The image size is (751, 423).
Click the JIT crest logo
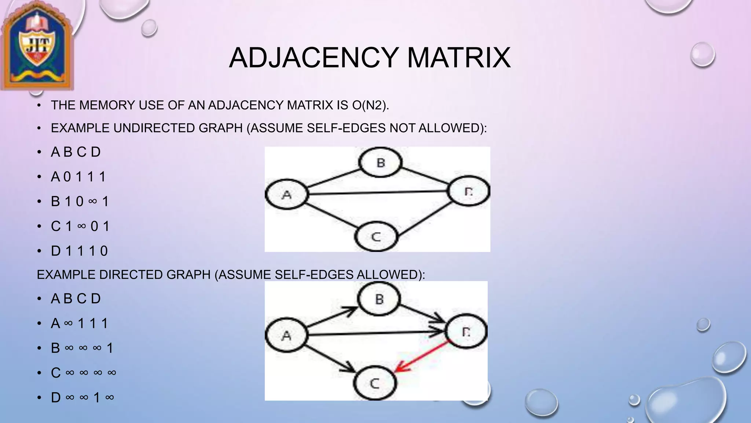pyautogui.click(x=37, y=46)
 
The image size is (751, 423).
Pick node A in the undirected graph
pyautogui.click(x=286, y=195)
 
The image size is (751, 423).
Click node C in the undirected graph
pyautogui.click(x=376, y=236)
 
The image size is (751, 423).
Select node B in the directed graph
pyautogui.click(x=379, y=299)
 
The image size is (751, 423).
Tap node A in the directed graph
pyautogui.click(x=286, y=335)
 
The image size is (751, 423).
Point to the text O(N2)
pyautogui.click(x=370, y=105)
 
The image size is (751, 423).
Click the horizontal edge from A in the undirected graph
pyautogui.click(x=378, y=192)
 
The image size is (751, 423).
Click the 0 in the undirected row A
pyautogui.click(x=67, y=177)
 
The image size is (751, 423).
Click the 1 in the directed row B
pyautogui.click(x=110, y=348)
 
